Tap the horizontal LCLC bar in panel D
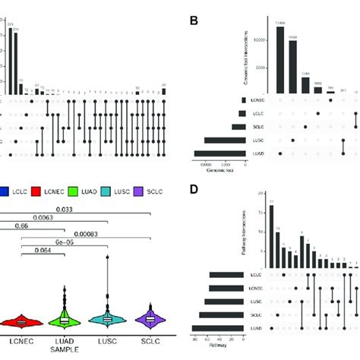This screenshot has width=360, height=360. coord(236,275)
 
